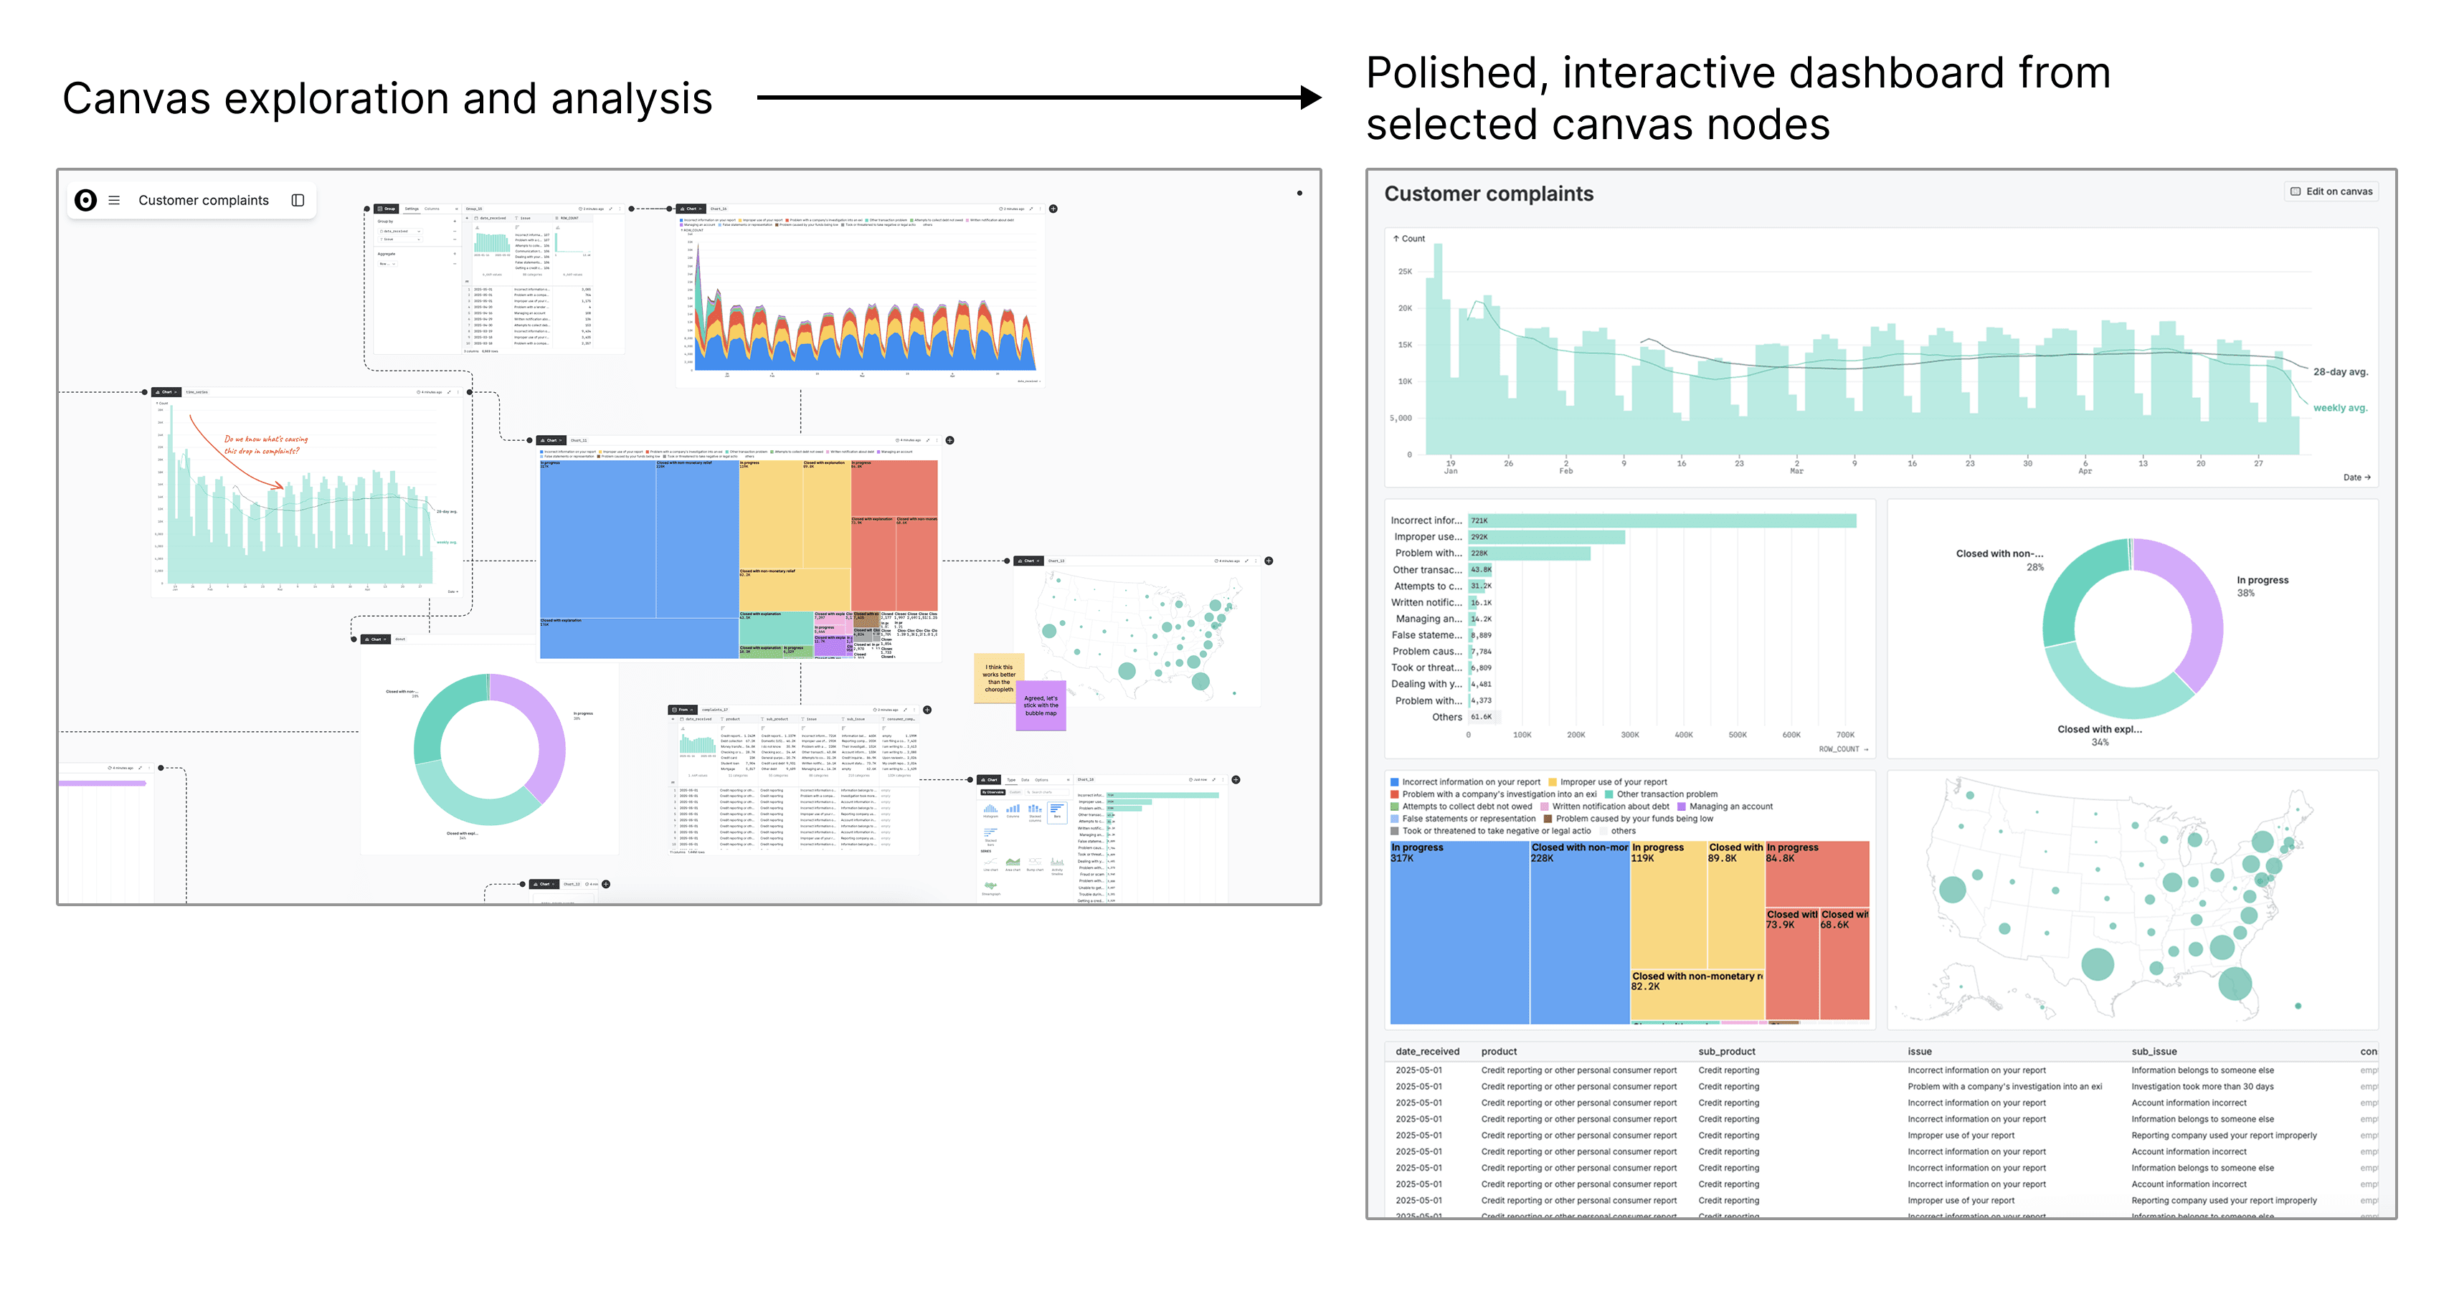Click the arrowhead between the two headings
[x=1311, y=97]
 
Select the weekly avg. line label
[x=2340, y=408]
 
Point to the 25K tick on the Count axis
[x=1404, y=272]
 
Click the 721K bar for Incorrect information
[x=1662, y=520]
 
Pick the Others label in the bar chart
[x=1446, y=718]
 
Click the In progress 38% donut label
[x=2262, y=586]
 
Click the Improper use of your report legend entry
[x=1607, y=782]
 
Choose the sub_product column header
[x=1726, y=1052]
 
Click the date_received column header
[x=1427, y=1052]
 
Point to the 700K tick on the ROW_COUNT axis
[x=1844, y=735]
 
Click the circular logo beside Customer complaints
[x=86, y=200]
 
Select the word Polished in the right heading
[x=1456, y=73]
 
